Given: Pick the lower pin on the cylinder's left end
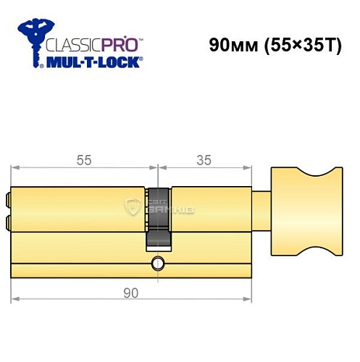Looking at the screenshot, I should click(8, 220).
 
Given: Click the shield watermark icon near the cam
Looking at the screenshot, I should click(133, 206).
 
